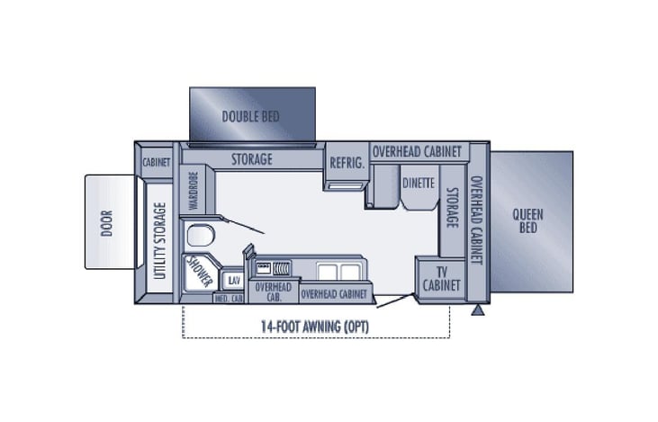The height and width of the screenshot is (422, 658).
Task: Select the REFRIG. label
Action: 346,163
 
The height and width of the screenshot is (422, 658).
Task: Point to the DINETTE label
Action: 419,183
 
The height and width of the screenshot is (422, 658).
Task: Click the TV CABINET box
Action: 441,278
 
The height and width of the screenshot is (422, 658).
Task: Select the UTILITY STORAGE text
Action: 161,241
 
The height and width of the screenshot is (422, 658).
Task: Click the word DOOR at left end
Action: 107,221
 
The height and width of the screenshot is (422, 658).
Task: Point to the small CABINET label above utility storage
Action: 157,163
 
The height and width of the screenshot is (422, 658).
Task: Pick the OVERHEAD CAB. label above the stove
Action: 271,291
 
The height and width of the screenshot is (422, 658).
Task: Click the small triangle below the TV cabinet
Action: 478,311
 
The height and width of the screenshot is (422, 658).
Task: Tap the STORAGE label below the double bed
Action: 251,160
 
